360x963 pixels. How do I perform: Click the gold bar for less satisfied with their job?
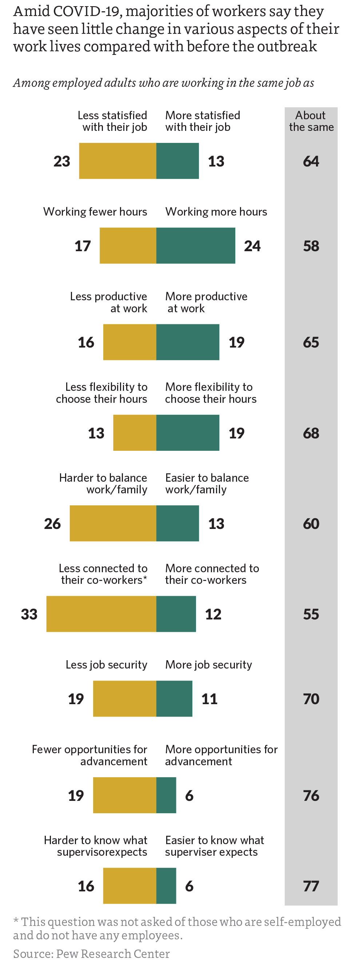tap(117, 161)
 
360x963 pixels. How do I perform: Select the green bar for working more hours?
tap(196, 246)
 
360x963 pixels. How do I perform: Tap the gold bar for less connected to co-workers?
tap(101, 614)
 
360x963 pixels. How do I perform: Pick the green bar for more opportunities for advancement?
tap(166, 795)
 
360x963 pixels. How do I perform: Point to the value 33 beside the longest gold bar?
tap(29, 614)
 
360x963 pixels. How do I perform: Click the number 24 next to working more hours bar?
tap(252, 246)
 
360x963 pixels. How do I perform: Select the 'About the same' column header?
tap(311, 121)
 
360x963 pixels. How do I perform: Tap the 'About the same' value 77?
tap(311, 886)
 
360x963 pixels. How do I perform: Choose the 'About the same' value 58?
tap(311, 246)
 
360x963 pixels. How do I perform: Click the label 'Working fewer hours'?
tap(95, 212)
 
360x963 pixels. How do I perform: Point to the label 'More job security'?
tap(209, 665)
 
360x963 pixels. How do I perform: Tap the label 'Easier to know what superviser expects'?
tap(214, 846)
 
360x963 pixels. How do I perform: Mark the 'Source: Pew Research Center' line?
tap(92, 954)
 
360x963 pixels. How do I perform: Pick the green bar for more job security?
tap(174, 699)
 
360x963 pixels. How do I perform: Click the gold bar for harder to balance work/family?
tap(113, 523)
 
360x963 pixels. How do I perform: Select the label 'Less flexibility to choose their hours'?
tap(102, 393)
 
